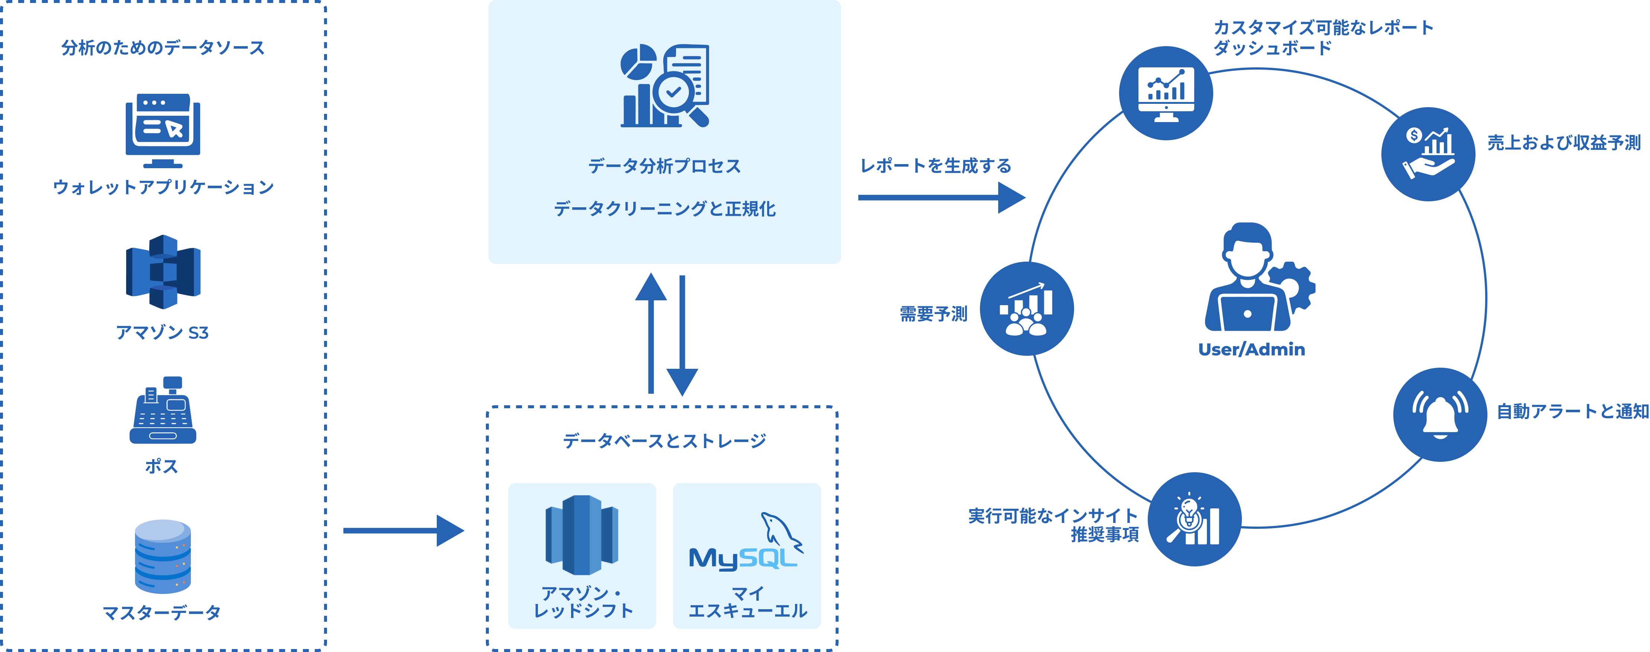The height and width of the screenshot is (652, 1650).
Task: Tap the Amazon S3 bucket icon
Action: pyautogui.click(x=163, y=272)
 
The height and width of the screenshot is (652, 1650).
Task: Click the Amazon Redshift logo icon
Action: pyautogui.click(x=581, y=536)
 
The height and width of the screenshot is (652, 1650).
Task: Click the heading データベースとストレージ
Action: pyautogui.click(x=664, y=441)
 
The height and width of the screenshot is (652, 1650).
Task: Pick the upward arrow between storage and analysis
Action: pyautogui.click(x=651, y=333)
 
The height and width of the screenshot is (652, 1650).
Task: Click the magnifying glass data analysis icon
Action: pyautogui.click(x=665, y=86)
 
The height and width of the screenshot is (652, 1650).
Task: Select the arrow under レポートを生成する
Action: pyautogui.click(x=942, y=197)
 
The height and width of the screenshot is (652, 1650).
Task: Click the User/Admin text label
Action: pyautogui.click(x=1251, y=350)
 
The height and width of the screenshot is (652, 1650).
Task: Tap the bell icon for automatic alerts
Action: pyautogui.click(x=1440, y=414)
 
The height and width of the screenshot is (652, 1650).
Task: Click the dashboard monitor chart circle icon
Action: pyautogui.click(x=1166, y=93)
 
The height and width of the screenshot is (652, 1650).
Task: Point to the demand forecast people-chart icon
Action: pyautogui.click(x=1027, y=309)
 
